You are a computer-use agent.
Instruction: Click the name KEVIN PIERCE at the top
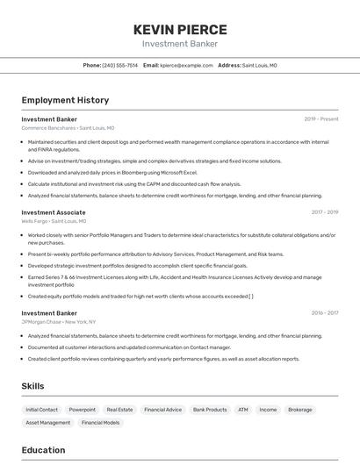180,30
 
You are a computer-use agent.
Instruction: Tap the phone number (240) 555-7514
119,65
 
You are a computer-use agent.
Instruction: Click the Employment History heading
65,100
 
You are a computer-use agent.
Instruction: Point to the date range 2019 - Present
321,118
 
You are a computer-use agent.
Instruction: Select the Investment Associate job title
54,212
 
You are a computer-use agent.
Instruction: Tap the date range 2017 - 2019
324,212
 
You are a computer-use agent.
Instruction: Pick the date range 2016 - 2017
324,312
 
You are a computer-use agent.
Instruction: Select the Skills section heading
34,386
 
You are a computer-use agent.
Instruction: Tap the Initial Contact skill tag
41,410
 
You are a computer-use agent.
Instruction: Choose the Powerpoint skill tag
83,410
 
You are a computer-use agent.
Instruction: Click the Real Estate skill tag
119,410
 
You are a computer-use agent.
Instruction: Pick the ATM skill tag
242,410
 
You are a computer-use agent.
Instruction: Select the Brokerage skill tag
299,410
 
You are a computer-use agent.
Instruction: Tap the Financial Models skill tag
101,423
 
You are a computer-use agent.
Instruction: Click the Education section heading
43,450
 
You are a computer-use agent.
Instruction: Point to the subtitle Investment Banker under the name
180,44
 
